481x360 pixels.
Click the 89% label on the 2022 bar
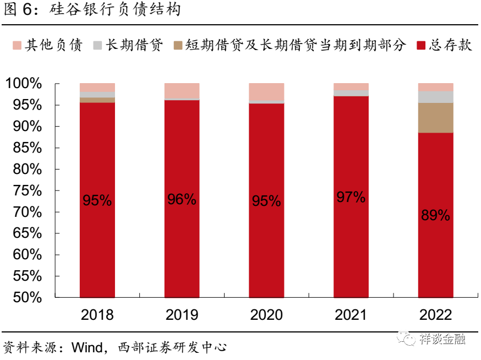click(435, 216)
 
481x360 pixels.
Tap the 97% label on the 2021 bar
click(351, 197)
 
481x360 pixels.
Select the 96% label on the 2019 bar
click(182, 199)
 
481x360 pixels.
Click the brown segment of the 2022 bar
click(435, 118)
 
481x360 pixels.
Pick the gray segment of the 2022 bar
click(435, 97)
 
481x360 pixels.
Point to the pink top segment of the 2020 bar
click(266, 92)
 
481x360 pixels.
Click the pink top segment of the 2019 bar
click(182, 90)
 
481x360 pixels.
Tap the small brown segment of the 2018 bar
click(97, 100)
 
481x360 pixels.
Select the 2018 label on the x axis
click(97, 315)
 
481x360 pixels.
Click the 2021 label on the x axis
click(351, 315)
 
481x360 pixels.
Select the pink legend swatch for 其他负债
click(15, 45)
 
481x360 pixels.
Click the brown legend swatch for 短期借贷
click(177, 45)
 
